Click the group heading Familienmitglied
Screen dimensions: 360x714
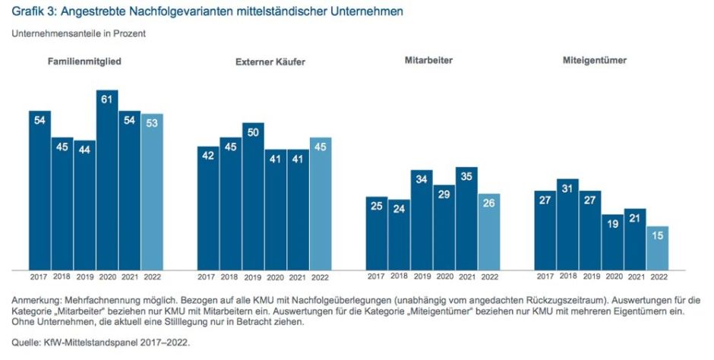tap(85, 61)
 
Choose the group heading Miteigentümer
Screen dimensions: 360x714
tap(595, 60)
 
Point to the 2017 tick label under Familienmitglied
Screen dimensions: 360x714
tap(39, 276)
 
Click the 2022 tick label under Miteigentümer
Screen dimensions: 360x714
tap(659, 276)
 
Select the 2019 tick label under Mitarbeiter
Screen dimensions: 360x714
tap(422, 276)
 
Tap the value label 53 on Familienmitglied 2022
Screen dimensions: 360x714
tap(152, 124)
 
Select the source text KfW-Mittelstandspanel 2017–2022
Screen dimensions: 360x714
tap(116, 343)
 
